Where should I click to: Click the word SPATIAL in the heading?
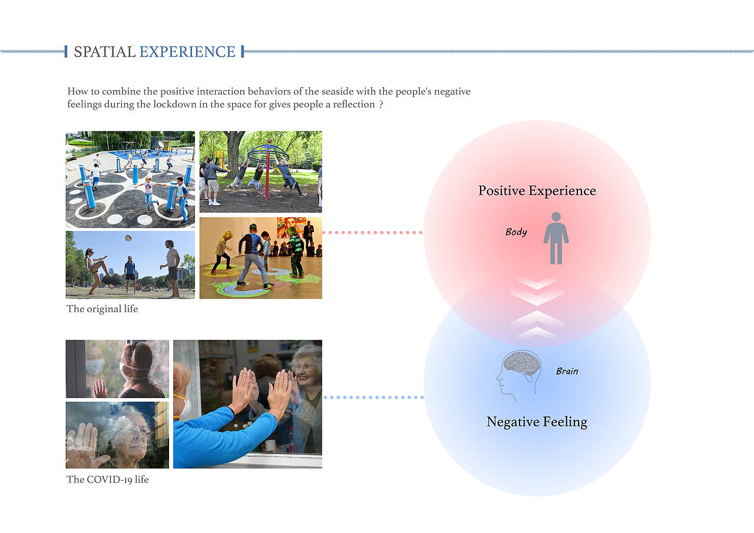tap(105, 52)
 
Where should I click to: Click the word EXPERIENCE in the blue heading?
tap(187, 52)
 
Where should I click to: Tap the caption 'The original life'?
tap(102, 309)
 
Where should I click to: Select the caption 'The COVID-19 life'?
tap(107, 479)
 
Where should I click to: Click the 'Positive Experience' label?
tap(537, 191)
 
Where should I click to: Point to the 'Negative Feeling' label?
tap(537, 422)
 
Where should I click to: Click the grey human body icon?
tap(556, 238)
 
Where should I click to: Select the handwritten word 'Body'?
tap(516, 232)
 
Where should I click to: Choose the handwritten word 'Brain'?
tap(567, 371)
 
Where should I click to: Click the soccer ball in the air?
tap(128, 239)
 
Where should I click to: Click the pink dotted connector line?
tap(372, 233)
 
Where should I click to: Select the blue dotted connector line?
tap(373, 398)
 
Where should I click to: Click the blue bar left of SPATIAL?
tap(66, 51)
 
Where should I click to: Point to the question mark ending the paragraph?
tap(381, 105)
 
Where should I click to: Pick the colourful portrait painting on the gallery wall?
tap(292, 227)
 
